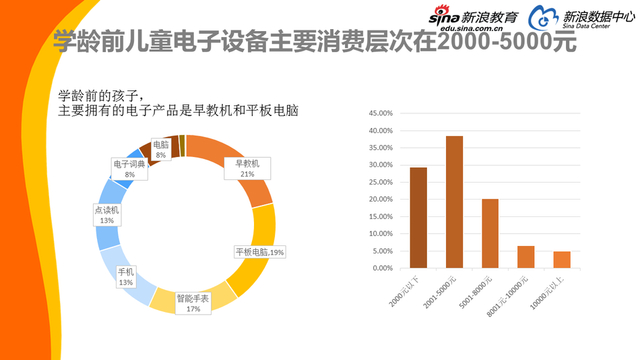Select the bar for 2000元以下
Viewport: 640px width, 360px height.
tap(418, 218)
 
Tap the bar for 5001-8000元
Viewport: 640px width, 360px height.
tap(490, 234)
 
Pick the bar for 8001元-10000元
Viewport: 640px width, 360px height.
tap(526, 257)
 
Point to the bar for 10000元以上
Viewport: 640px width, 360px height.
tap(562, 260)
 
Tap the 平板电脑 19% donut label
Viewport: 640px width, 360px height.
tap(259, 252)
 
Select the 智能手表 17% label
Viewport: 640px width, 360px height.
tap(194, 303)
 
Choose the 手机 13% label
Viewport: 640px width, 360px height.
tap(126, 276)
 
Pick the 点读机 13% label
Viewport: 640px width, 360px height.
tap(107, 215)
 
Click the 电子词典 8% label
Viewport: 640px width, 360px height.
tap(129, 169)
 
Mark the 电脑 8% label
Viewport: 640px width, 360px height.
tap(160, 149)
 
